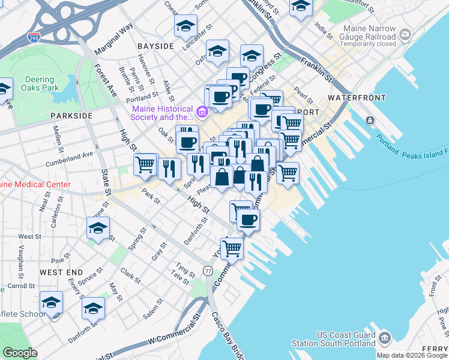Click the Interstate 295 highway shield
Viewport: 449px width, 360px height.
(35, 38)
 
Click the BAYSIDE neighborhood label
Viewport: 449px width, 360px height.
(155, 46)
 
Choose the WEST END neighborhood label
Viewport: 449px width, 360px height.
(61, 272)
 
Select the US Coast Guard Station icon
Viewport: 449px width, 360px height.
(385, 338)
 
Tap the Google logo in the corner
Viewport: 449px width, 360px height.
(20, 353)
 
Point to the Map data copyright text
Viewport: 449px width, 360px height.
(412, 355)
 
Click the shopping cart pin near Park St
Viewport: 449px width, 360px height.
(145, 164)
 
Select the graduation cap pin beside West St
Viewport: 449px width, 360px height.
(98, 229)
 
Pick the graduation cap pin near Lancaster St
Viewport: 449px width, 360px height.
(186, 26)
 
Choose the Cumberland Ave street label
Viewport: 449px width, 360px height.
(70, 158)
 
